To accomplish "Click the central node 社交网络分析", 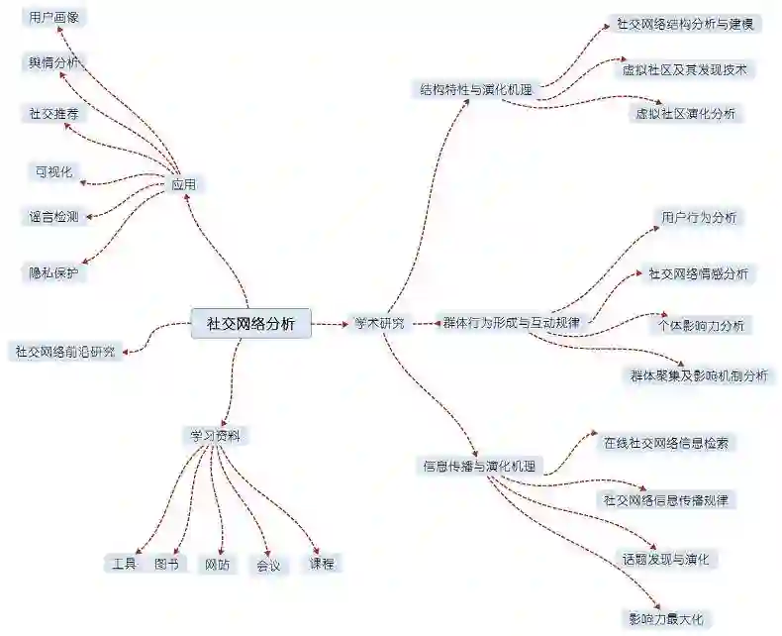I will (x=250, y=323).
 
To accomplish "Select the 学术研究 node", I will (x=379, y=323).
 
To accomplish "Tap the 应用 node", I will (x=183, y=184).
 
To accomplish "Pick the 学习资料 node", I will (x=216, y=435).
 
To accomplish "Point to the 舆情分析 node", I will (x=54, y=63).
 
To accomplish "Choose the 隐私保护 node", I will (x=54, y=272).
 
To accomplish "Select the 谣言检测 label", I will (x=54, y=215).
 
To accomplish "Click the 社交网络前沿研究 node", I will (x=64, y=351).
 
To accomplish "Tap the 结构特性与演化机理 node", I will (x=475, y=90).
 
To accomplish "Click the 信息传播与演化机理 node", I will (x=479, y=466).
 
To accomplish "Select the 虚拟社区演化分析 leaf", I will (x=686, y=114).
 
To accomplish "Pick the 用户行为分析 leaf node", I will (x=698, y=217).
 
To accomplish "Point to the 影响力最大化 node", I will (x=665, y=618).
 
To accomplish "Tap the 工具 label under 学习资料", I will (x=125, y=564).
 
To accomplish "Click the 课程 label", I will (x=322, y=564).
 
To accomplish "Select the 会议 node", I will (x=268, y=566).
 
